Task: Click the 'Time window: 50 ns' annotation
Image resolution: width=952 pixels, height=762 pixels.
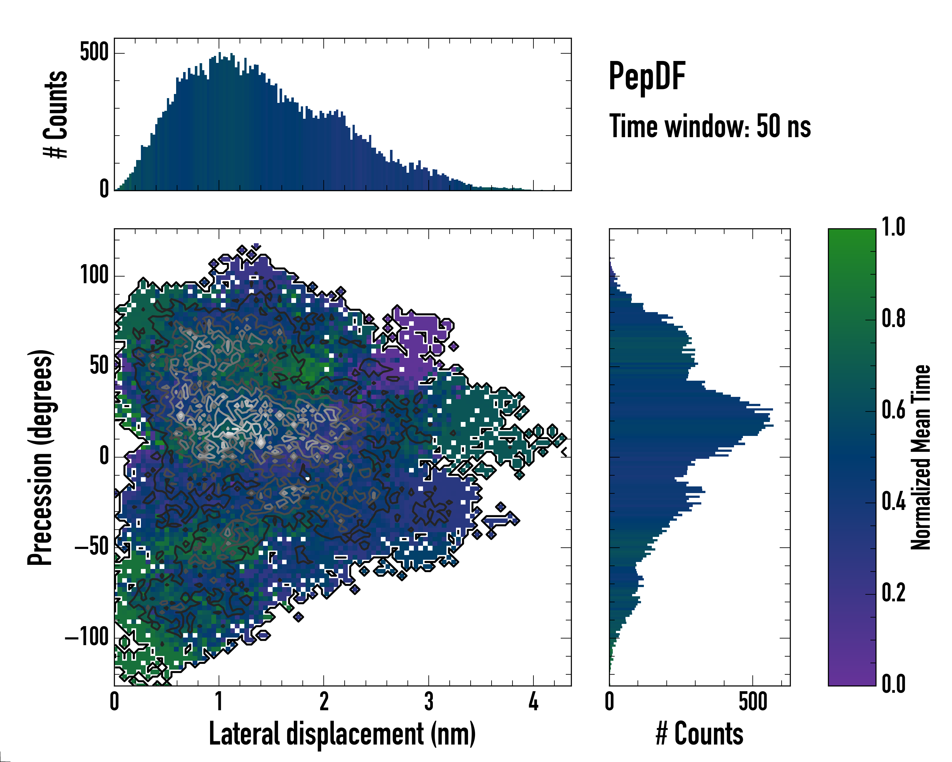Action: coord(710,126)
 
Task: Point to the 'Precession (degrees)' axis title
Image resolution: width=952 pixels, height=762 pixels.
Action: coord(41,457)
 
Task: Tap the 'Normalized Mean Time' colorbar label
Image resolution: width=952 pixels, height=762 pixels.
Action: coord(921,457)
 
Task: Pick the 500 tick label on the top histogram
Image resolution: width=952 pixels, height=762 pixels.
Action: coord(94,53)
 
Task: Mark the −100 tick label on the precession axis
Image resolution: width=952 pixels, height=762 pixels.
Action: coord(87,638)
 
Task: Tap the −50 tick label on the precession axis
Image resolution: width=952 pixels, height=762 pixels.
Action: coord(91,547)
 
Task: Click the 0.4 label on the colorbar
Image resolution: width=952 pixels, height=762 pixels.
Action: coord(893,502)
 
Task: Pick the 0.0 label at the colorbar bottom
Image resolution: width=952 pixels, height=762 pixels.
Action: coord(893,684)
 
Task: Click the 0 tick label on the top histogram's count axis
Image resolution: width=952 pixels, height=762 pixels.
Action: coord(104,189)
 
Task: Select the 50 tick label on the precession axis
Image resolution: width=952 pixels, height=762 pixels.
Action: coord(99,366)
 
